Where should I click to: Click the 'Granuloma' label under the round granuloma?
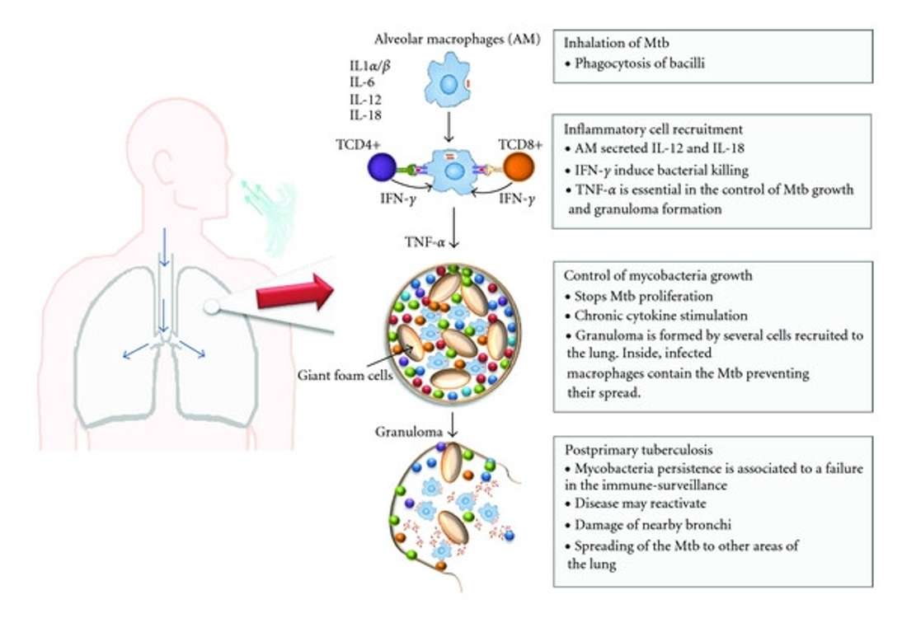[404, 431]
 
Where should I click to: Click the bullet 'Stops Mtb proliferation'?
[638, 296]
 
